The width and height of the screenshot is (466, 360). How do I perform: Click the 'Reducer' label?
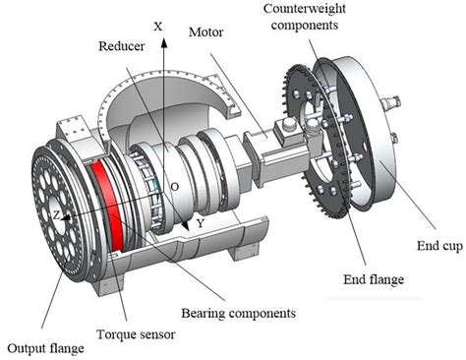(124, 46)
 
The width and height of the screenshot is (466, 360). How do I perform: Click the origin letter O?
(174, 184)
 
